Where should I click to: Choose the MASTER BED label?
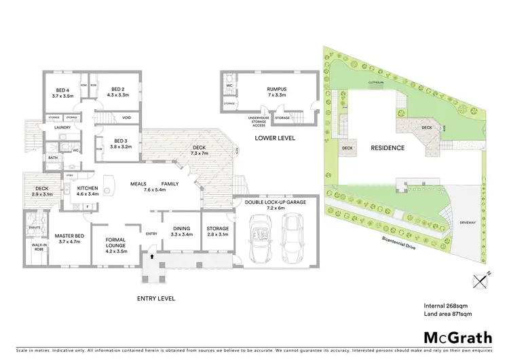click(69, 238)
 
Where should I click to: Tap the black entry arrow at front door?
click(151, 257)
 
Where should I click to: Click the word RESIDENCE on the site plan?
click(388, 147)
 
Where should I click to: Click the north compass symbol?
click(482, 279)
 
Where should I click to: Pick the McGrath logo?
click(458, 337)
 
